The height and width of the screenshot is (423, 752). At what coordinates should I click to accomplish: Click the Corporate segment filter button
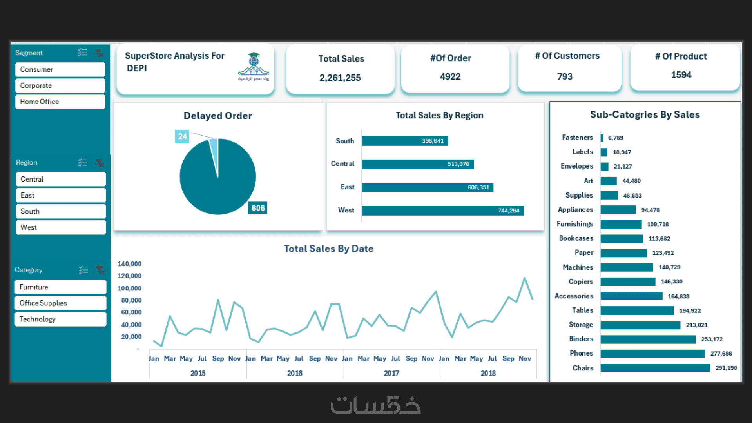pos(60,85)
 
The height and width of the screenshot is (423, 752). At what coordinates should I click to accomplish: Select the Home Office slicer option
pos(60,102)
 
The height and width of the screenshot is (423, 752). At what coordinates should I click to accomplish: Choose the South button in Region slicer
pos(60,211)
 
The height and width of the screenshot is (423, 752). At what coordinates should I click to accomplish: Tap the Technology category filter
pos(60,319)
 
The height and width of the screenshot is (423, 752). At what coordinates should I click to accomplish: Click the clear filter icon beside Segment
pos(99,53)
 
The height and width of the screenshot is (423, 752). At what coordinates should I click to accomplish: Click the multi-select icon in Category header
pos(83,270)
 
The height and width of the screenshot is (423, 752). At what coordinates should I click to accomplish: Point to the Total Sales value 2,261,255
pos(340,78)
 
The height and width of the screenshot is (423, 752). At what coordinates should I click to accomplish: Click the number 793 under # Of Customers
pos(565,76)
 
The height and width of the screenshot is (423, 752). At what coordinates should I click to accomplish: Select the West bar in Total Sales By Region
pos(442,211)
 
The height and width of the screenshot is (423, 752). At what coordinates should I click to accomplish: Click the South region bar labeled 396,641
pos(404,141)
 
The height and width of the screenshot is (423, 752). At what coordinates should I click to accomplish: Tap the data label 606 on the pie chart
pos(258,208)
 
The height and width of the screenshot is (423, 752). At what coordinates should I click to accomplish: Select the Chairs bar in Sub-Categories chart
pos(655,368)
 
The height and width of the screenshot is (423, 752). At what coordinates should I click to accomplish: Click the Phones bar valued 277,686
pos(652,354)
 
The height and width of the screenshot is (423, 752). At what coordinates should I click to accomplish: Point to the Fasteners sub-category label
pos(577,138)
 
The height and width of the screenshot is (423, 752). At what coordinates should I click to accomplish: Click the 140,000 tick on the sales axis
pos(129,264)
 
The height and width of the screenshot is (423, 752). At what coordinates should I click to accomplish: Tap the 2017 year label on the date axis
pos(391,373)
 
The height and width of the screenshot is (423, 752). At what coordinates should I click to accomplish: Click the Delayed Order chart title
pos(217,116)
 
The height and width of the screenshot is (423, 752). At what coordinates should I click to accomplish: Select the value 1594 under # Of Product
pos(681,75)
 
